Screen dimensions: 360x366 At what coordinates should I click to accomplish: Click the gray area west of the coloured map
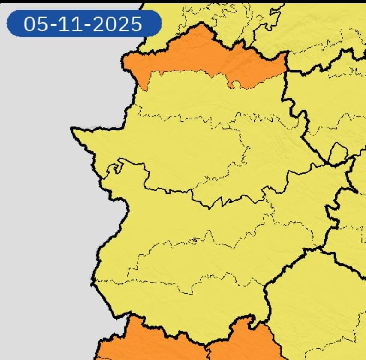click(x=42, y=207)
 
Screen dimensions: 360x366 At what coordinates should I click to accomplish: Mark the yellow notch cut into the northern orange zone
click(x=236, y=83)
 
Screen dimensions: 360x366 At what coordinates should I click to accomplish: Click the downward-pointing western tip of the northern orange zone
click(x=144, y=88)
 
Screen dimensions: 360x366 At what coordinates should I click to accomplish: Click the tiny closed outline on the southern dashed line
click(x=194, y=240)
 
